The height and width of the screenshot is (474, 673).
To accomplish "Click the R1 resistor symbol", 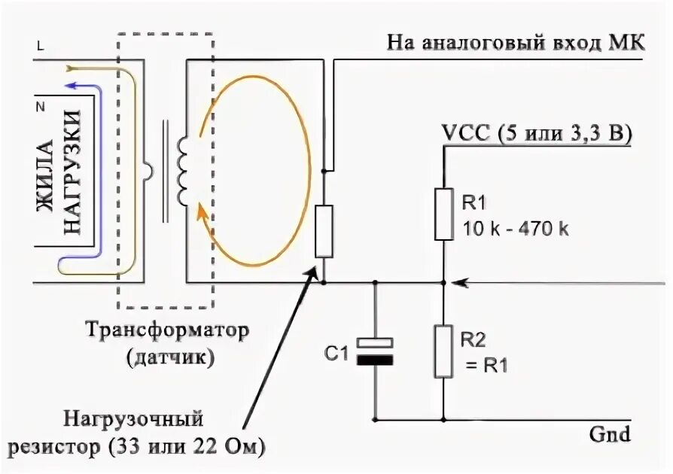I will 444,214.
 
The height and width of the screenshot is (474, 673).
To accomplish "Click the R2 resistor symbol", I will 444,351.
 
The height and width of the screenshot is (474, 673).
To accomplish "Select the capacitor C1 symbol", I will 374,351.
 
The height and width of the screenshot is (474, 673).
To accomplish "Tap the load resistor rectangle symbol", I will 324,230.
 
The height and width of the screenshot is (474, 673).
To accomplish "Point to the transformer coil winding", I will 183,172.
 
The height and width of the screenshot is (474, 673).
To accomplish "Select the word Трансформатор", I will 166,331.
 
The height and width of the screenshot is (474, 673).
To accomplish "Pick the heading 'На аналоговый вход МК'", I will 516,41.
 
